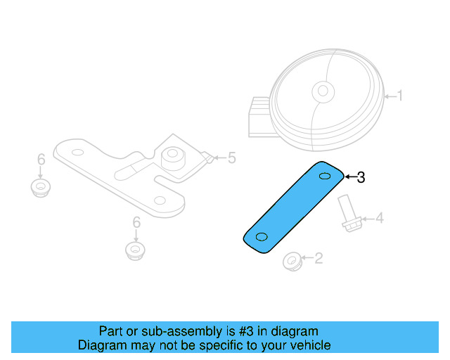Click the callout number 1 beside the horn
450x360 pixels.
pyautogui.click(x=400, y=95)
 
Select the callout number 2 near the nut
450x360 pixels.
pyautogui.click(x=318, y=259)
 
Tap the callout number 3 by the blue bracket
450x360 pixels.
pyautogui.click(x=361, y=177)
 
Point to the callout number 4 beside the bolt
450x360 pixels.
pyautogui.click(x=379, y=219)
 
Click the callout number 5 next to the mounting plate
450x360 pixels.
pyautogui.click(x=231, y=157)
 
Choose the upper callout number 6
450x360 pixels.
pyautogui.click(x=41, y=158)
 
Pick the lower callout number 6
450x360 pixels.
pyautogui.click(x=136, y=223)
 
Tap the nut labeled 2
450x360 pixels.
pyautogui.click(x=291, y=262)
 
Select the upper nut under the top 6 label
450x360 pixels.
pyautogui.click(x=42, y=188)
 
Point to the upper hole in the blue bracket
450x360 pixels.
pyautogui.click(x=325, y=176)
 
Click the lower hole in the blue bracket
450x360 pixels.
pyautogui.click(x=262, y=236)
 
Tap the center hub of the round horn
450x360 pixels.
pyautogui.click(x=323, y=90)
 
